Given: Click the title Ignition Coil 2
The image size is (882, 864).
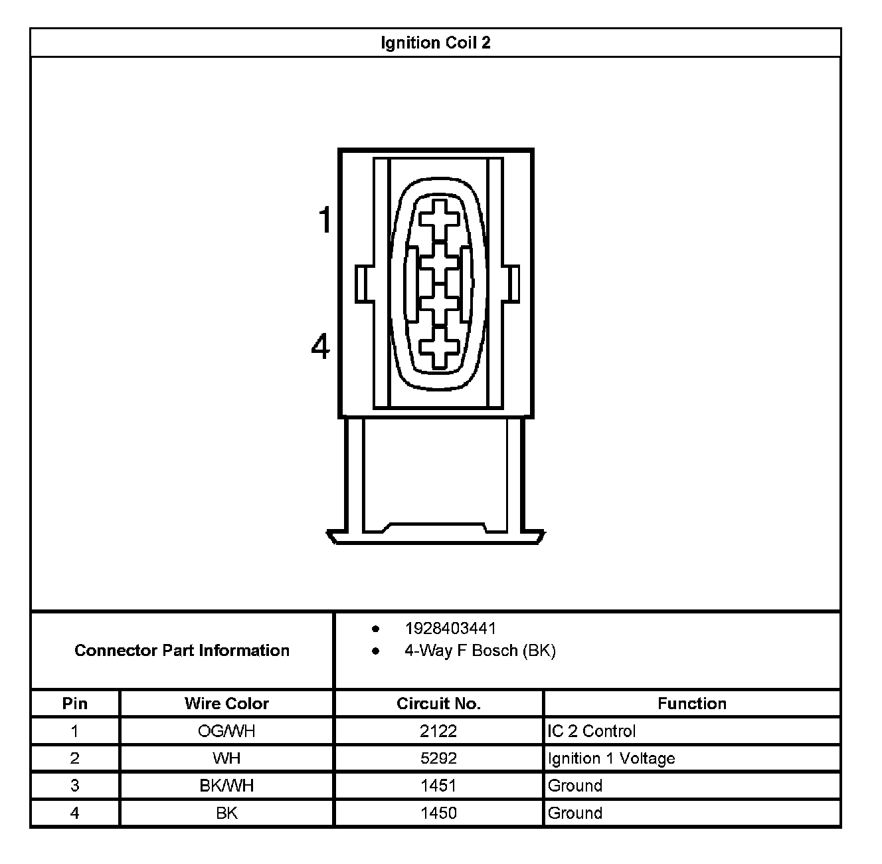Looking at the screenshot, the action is pyautogui.click(x=435, y=43).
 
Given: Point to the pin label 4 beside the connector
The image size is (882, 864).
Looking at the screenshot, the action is pyautogui.click(x=321, y=346).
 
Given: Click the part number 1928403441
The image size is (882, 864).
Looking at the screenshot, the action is pyautogui.click(x=450, y=628).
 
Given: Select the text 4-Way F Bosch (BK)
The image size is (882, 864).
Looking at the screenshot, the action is pyautogui.click(x=480, y=650).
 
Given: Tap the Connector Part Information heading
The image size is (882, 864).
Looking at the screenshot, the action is pyautogui.click(x=182, y=650).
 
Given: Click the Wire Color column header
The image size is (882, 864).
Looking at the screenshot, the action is pyautogui.click(x=226, y=703).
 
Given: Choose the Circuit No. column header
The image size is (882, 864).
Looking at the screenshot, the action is pyautogui.click(x=438, y=703).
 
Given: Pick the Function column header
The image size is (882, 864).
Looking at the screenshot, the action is pyautogui.click(x=692, y=703).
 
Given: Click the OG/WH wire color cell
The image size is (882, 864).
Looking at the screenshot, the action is pyautogui.click(x=226, y=731).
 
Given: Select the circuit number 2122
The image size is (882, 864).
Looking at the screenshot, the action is pyautogui.click(x=438, y=731).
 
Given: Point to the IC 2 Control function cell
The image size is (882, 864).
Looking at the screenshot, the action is pyautogui.click(x=591, y=731).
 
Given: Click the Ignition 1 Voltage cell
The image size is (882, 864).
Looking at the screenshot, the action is pyautogui.click(x=611, y=758).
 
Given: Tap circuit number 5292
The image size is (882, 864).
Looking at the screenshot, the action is pyautogui.click(x=438, y=758).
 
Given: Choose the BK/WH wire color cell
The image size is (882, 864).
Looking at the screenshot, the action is pyautogui.click(x=226, y=786).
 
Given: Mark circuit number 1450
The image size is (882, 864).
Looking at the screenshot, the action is pyautogui.click(x=438, y=813).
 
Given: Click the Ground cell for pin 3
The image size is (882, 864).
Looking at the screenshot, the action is pyautogui.click(x=575, y=786).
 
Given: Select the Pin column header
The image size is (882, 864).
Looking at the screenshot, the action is pyautogui.click(x=75, y=703).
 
